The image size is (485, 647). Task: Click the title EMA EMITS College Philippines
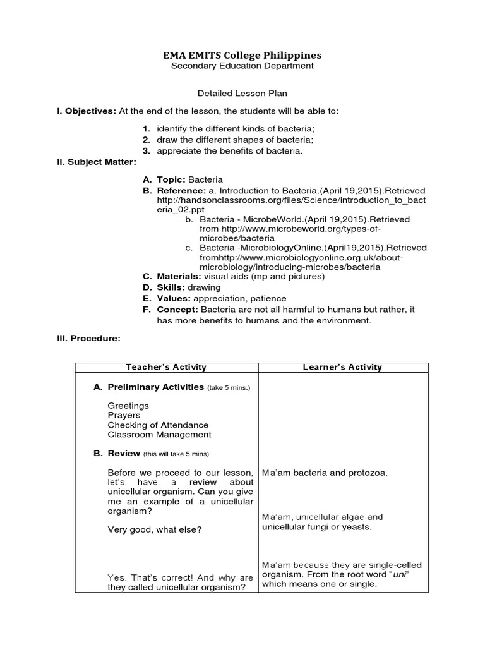pyautogui.click(x=242, y=55)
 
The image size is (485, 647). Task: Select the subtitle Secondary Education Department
pyautogui.click(x=242, y=66)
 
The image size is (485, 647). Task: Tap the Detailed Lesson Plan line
pyautogui.click(x=242, y=93)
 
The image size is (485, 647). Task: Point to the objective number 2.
pyautogui.click(x=145, y=140)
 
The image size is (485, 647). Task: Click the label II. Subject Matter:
pyautogui.click(x=97, y=162)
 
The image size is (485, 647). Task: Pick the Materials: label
pyautogui.click(x=179, y=276)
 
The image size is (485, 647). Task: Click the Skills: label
pyautogui.click(x=171, y=287)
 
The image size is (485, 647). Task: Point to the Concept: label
pyautogui.click(x=177, y=310)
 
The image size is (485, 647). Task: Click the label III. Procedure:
pyautogui.click(x=88, y=339)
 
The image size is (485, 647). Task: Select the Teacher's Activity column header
pyautogui.click(x=166, y=367)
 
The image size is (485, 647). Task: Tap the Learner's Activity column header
pyautogui.click(x=343, y=367)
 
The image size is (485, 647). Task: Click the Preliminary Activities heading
pyautogui.click(x=155, y=387)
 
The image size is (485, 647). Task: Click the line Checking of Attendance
pyautogui.click(x=158, y=425)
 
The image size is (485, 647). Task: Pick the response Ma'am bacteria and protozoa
pyautogui.click(x=325, y=473)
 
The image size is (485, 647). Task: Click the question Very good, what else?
pyautogui.click(x=155, y=529)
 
